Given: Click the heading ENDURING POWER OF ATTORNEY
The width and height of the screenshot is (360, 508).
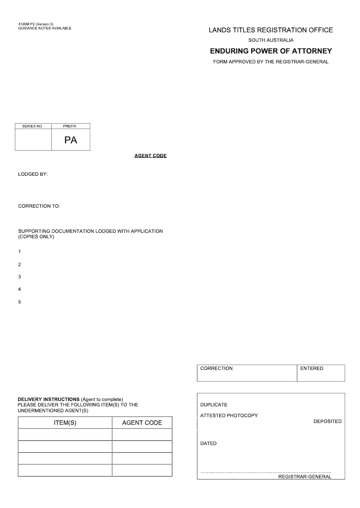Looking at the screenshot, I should pos(271,51).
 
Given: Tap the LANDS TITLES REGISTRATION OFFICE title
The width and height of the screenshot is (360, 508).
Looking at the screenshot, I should pos(271,30).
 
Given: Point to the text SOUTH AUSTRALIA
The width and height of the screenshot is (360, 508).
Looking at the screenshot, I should pos(271,40).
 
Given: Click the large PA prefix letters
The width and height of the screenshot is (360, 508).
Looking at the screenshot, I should pos(71,140).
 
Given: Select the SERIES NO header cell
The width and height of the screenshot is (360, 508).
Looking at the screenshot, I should pos(32,126).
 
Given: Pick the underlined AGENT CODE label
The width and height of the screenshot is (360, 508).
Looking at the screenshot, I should pos(150,156).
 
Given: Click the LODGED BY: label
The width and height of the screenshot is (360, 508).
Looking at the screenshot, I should pos(33,174).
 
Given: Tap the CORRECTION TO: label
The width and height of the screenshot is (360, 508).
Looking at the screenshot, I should pos(39,206).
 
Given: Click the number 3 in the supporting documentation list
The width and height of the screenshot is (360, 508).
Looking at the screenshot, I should pos(19,277).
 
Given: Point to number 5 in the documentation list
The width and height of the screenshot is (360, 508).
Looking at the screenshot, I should pos(19,302).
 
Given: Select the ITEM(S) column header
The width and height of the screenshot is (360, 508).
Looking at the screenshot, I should pos(65,423).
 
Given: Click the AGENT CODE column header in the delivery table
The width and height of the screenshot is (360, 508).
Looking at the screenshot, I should pos(142,423).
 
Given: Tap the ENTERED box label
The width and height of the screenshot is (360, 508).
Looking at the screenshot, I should pos(312,369).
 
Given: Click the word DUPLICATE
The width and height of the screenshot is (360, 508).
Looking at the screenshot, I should pos(214,405).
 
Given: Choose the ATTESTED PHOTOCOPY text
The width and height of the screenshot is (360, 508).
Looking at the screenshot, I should pos(229,416).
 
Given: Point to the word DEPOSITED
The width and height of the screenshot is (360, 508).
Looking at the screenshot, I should pos(328,422).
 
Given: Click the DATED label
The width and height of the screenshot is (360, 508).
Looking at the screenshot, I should pos(208,444).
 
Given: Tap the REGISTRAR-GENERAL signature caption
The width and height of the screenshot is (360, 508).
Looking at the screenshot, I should pos(305,477).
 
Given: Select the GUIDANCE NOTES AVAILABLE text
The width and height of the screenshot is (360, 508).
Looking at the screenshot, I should pos(45,28).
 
